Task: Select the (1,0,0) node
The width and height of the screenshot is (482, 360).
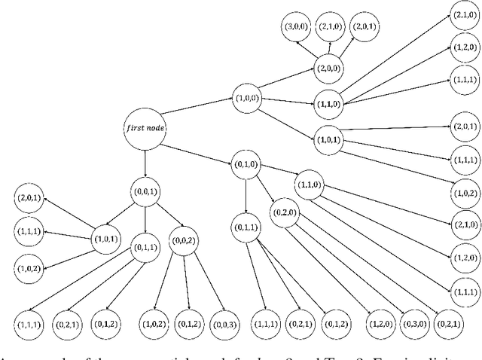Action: tap(248, 98)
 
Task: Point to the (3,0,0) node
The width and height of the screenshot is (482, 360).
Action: tap(294, 26)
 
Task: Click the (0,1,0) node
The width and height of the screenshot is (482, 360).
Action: tap(246, 164)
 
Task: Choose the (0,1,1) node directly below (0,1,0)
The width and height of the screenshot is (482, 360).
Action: tap(246, 226)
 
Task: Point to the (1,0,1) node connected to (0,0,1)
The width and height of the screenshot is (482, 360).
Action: tap(107, 239)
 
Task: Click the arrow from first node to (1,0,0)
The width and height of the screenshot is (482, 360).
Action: tap(197, 111)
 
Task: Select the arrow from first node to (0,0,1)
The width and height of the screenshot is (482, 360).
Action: tap(145, 160)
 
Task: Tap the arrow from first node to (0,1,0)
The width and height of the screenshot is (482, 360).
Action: tap(197, 146)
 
